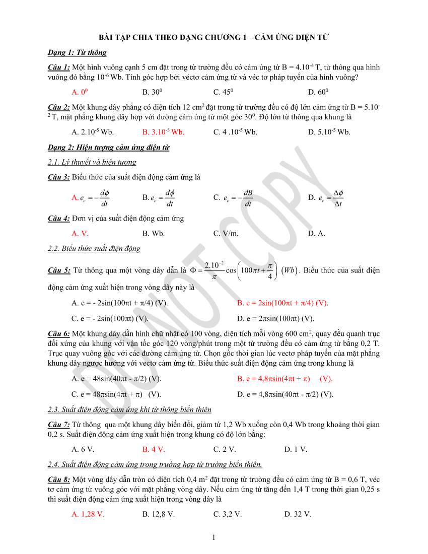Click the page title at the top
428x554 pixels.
213,37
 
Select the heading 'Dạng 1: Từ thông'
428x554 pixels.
77,52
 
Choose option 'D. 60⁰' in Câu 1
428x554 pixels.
318,92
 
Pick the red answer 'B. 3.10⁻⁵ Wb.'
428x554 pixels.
163,132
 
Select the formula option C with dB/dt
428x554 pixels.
234,198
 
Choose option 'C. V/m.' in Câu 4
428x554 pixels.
226,233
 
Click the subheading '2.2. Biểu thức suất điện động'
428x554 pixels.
94,248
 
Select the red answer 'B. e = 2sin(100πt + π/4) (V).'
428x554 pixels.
282,303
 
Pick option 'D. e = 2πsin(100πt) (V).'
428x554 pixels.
275,318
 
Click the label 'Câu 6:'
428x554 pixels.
59,333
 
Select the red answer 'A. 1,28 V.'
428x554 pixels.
88,514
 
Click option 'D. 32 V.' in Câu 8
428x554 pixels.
298,514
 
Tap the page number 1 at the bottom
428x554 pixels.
214,537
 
